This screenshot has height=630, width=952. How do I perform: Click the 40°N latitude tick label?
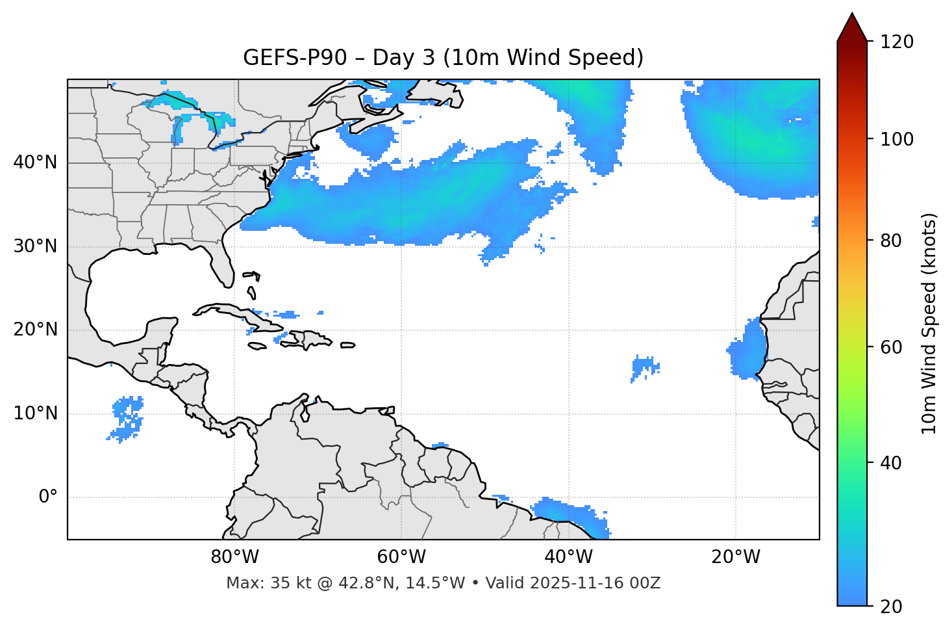pyautogui.click(x=35, y=163)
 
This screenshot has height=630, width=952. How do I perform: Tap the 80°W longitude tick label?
pyautogui.click(x=234, y=557)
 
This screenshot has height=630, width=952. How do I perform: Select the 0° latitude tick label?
pyautogui.click(x=47, y=497)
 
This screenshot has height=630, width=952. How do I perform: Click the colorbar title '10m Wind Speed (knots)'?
pyautogui.click(x=929, y=323)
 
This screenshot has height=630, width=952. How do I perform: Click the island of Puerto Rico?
pyautogui.click(x=348, y=345)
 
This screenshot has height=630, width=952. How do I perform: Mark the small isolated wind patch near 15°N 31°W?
pyautogui.click(x=645, y=367)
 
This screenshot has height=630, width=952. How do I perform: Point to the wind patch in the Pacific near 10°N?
pyautogui.click(x=127, y=419)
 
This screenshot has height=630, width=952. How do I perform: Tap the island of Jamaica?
pyautogui.click(x=258, y=346)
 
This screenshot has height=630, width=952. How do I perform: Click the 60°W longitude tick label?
pyautogui.click(x=401, y=557)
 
